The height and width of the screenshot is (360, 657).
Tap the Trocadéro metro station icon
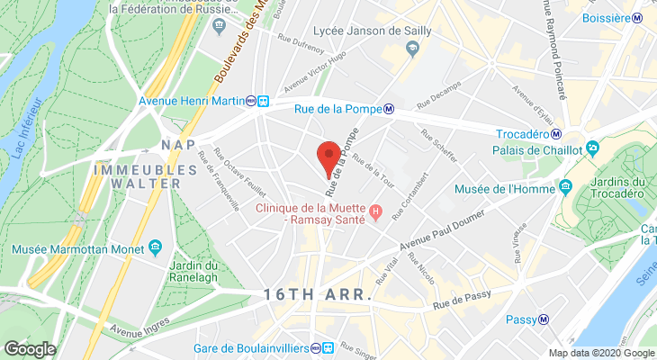pyautogui.click(x=557, y=134)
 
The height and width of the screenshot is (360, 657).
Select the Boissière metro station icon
pyautogui.click(x=637, y=17)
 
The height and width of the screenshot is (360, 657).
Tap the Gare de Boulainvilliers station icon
pyautogui.click(x=329, y=348)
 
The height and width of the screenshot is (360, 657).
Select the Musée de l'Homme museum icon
pyautogui.click(x=565, y=187)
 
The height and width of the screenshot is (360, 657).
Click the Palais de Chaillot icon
pyautogui.click(x=592, y=148)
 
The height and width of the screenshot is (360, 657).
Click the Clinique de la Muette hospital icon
pyautogui.click(x=376, y=212)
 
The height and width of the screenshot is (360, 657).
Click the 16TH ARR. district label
pyautogui.click(x=318, y=294)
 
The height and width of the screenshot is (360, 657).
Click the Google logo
pyautogui.click(x=30, y=348)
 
